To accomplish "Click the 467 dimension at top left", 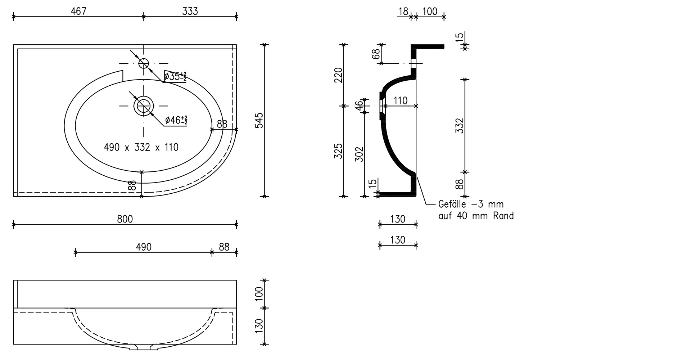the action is pos(78,12).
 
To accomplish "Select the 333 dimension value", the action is pos(190,12).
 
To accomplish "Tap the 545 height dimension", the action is pos(259,121).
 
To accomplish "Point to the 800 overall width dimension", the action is pos(125,219).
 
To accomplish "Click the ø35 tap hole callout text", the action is pos(175,77).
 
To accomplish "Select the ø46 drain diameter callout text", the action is pos(176,120).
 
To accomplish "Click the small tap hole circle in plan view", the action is pos(144,63).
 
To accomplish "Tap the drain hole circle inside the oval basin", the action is pos(144,105).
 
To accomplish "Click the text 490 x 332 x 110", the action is pos(141,147).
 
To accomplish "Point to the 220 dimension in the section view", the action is pos(338,75).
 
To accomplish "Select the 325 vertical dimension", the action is pos(338,151).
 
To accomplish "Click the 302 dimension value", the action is pos(360,154).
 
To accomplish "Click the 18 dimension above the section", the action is pos(403,12).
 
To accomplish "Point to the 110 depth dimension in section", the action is pos(400,100).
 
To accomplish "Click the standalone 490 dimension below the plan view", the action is pos(144,247).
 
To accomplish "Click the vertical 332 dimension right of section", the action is pos(460,126).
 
